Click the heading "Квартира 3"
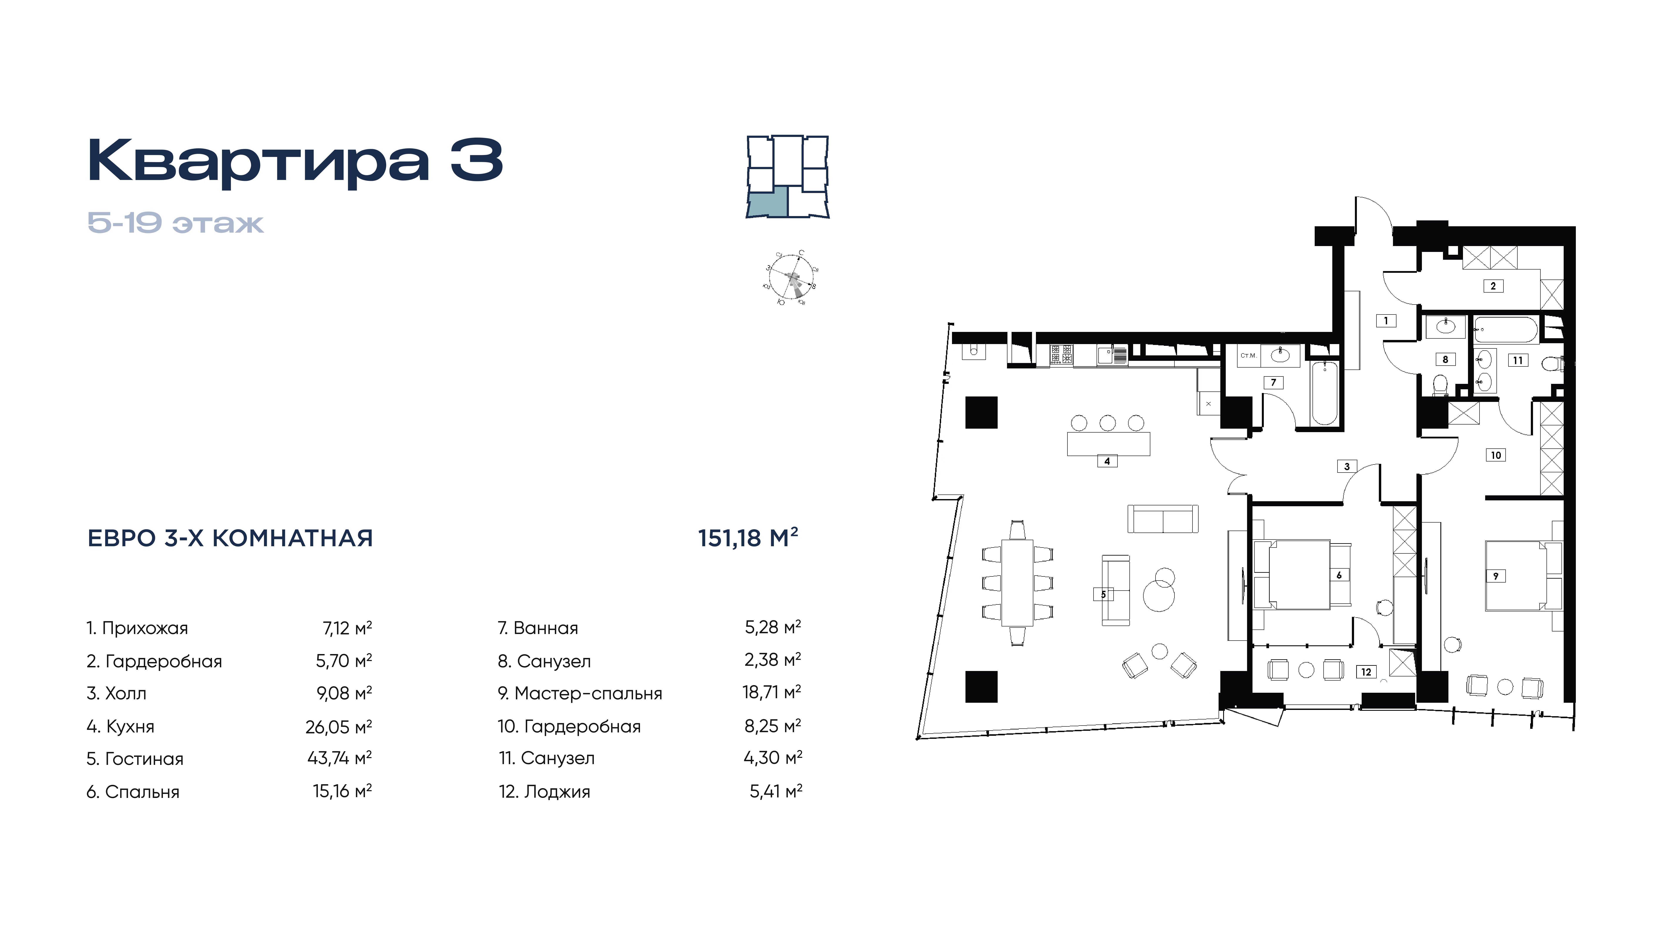pos(295,161)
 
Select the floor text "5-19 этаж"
pos(176,223)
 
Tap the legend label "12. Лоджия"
pos(544,791)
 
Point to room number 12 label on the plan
pos(1366,672)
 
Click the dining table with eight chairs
pos(1018,583)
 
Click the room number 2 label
pos(1493,286)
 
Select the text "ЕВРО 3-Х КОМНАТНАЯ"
pos(230,538)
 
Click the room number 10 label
pos(1496,455)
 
